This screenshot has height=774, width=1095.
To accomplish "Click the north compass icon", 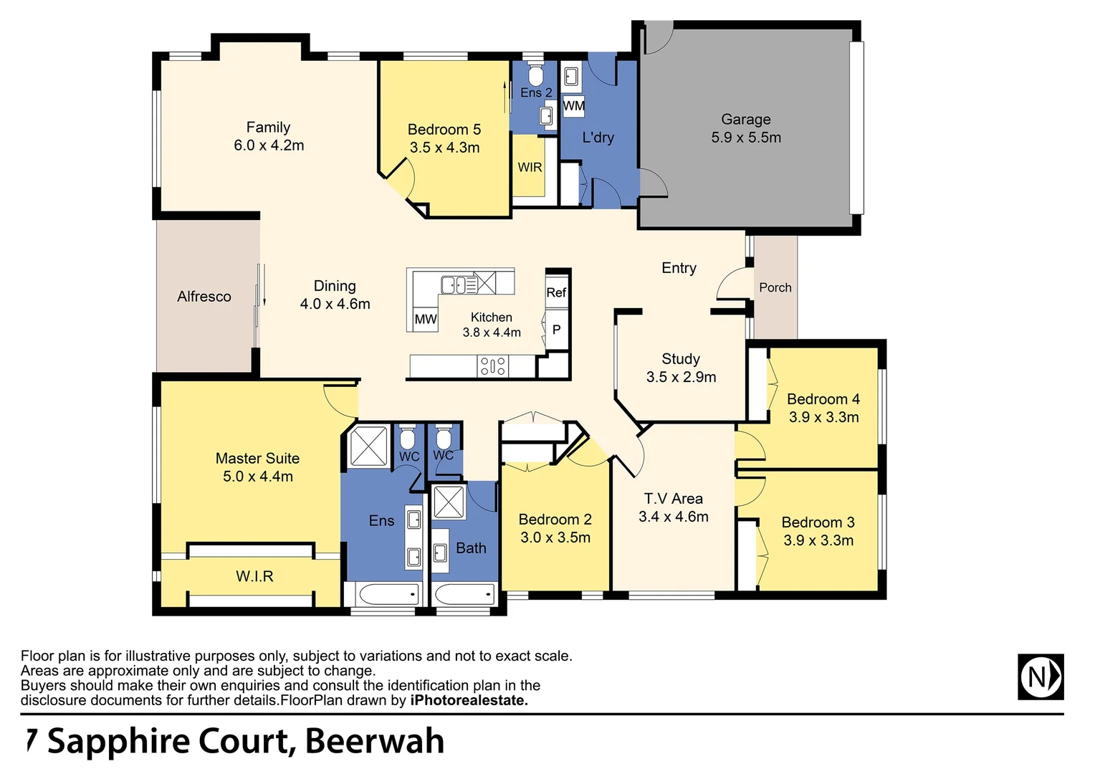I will [1041, 677].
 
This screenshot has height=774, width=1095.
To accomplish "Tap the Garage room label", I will [746, 120].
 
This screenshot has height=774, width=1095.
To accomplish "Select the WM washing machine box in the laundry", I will [573, 106].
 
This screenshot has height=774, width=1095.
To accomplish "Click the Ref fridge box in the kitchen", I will [556, 292].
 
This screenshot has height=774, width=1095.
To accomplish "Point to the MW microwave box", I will [425, 319].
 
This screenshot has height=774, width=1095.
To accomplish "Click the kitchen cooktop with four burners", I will [493, 367].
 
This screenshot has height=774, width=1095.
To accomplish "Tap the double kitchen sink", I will [459, 285].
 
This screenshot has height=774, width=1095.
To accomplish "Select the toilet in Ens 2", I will [535, 74].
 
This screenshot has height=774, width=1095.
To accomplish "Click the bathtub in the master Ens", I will [382, 594].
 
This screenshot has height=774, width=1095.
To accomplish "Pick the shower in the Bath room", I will [449, 502].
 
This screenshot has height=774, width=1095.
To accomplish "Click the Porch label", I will [775, 287].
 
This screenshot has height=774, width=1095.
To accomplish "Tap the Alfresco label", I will [204, 297].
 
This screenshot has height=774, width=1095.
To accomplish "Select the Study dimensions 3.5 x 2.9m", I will [681, 377].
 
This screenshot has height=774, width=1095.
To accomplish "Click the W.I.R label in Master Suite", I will [254, 576].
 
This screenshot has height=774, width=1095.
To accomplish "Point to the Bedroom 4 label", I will [823, 399].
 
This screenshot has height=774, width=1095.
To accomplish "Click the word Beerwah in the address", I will [375, 742].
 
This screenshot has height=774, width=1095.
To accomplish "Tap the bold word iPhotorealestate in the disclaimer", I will [469, 701].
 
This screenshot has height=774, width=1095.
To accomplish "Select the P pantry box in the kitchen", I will [556, 330].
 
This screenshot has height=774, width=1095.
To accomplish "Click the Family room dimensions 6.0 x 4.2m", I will [269, 145].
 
